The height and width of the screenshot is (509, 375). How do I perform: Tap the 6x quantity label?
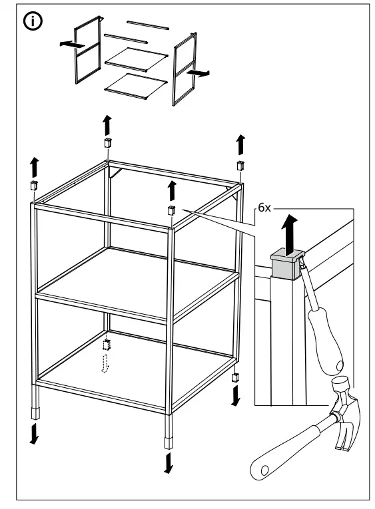coord(265,207)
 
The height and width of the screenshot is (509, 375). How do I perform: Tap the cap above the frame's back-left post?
coord(107,144)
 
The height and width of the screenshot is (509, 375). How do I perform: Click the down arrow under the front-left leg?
coord(34,432)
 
